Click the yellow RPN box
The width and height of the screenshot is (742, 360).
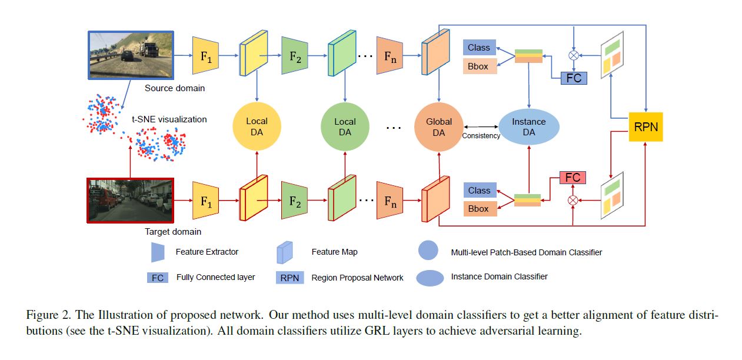[645, 126]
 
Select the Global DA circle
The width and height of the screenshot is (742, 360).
[439, 126]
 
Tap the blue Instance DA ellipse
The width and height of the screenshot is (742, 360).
[528, 126]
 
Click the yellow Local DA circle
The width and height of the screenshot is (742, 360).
[257, 126]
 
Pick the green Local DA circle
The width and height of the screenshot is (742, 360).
[345, 126]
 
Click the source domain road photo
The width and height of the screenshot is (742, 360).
[130, 55]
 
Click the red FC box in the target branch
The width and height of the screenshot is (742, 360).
[573, 177]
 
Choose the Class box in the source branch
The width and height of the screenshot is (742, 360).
[480, 48]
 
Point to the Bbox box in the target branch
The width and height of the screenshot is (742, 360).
[480, 208]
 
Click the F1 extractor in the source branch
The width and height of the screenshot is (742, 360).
[206, 55]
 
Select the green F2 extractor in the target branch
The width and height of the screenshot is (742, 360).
[295, 202]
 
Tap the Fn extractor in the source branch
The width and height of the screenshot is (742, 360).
[390, 55]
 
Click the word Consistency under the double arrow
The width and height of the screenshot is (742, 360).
[481, 136]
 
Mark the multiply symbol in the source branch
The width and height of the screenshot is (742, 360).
[573, 55]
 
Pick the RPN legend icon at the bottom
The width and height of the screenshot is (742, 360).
[290, 277]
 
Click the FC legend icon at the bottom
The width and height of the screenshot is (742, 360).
[158, 277]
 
